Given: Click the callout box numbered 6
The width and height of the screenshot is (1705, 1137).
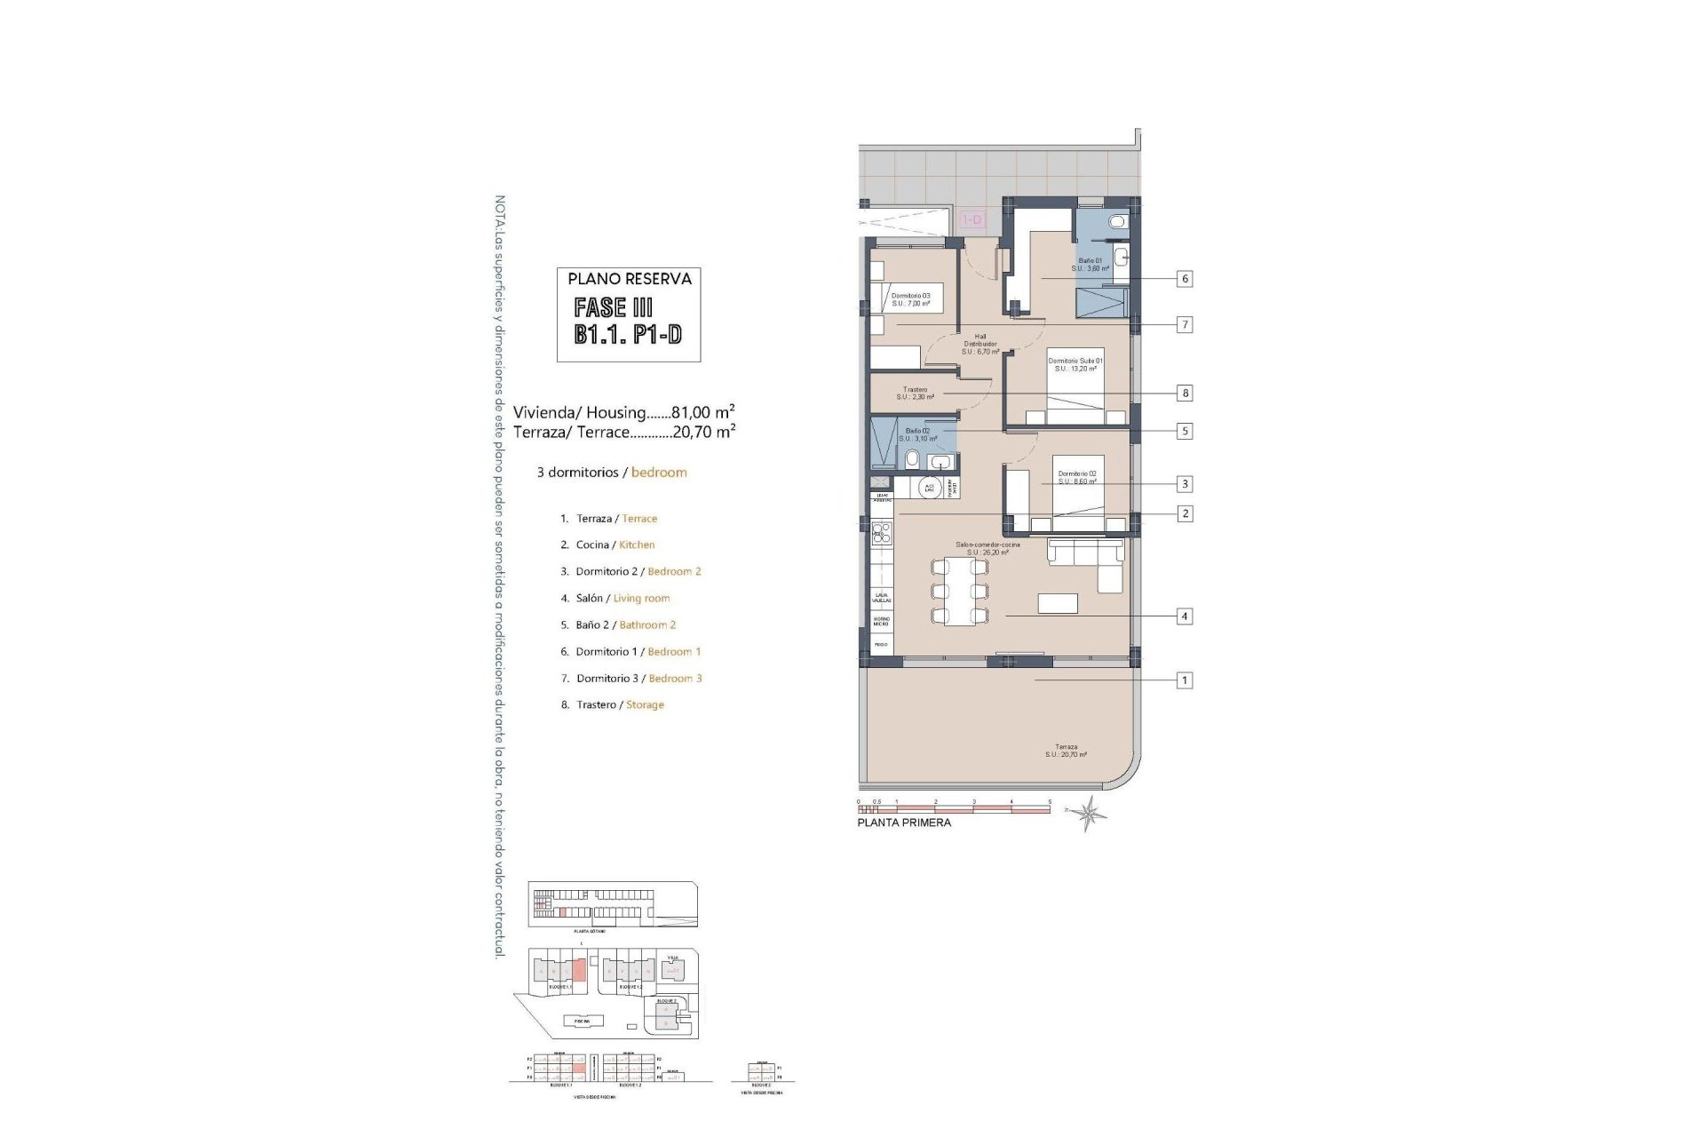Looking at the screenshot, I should [1184, 278].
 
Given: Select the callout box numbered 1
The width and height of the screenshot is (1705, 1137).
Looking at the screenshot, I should [1184, 680].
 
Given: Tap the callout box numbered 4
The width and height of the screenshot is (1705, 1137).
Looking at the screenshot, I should [1184, 616].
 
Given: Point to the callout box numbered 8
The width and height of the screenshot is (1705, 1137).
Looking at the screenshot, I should [1184, 393].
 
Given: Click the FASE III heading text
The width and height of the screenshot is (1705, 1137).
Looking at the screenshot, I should [613, 308].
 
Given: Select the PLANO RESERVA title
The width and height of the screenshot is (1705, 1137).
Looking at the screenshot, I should [629, 279].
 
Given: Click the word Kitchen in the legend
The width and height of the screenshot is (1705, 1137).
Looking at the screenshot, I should [637, 545].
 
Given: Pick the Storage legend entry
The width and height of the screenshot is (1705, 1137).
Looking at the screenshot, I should [645, 704].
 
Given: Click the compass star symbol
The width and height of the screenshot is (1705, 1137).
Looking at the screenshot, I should [1090, 812].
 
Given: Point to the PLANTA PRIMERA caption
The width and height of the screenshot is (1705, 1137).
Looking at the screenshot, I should [904, 823].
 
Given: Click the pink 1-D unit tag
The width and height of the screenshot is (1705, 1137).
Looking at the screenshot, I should [972, 219].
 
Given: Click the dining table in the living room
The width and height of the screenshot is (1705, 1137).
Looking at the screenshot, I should [960, 591].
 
